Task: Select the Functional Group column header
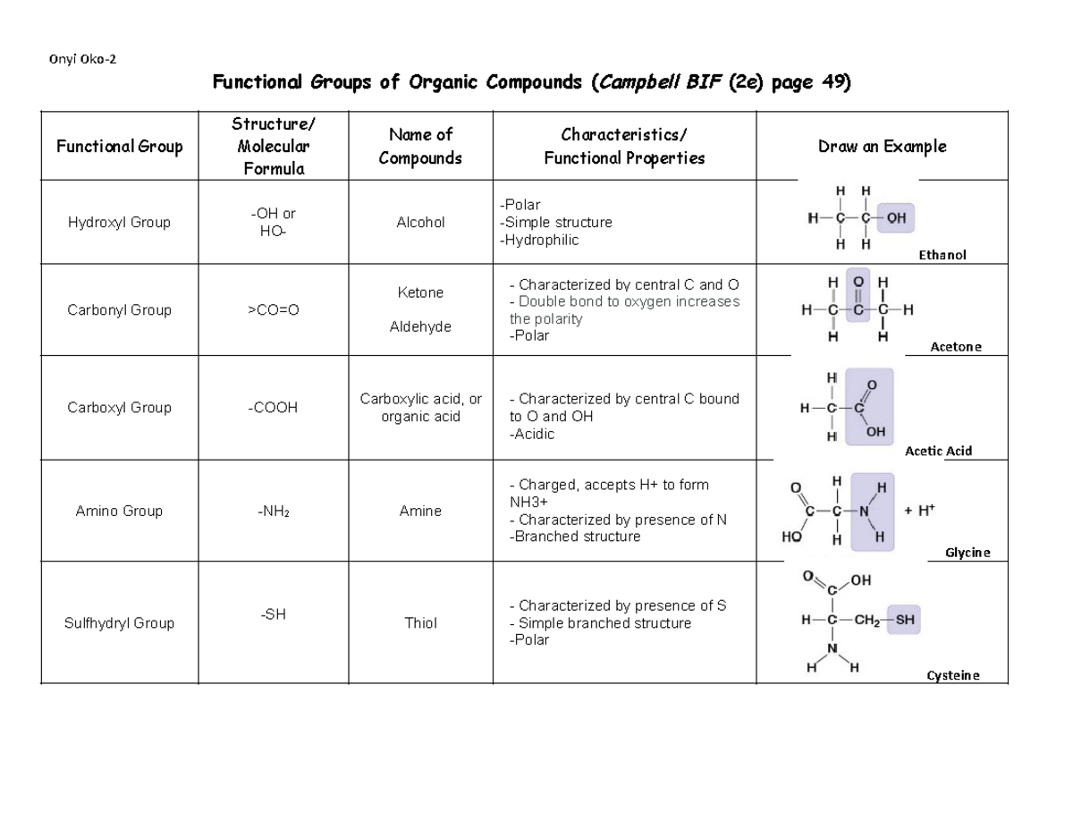pos(119,147)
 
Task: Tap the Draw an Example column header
pos(882,147)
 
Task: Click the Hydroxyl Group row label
pos(119,223)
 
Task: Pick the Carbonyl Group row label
pos(119,310)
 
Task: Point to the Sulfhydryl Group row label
pos(119,622)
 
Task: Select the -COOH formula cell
pos(273,408)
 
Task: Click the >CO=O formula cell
pos(273,310)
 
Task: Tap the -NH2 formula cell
pos(273,512)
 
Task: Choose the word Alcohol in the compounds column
pos(420,223)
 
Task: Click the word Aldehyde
pos(420,327)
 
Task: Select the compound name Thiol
pos(420,622)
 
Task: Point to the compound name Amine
pos(420,512)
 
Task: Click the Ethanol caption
pos(942,256)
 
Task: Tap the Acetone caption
pos(955,347)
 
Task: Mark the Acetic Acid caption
pos(938,452)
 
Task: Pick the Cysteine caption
pos(952,676)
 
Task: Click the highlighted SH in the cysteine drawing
pos(904,619)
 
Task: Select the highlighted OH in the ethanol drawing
pos(896,217)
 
